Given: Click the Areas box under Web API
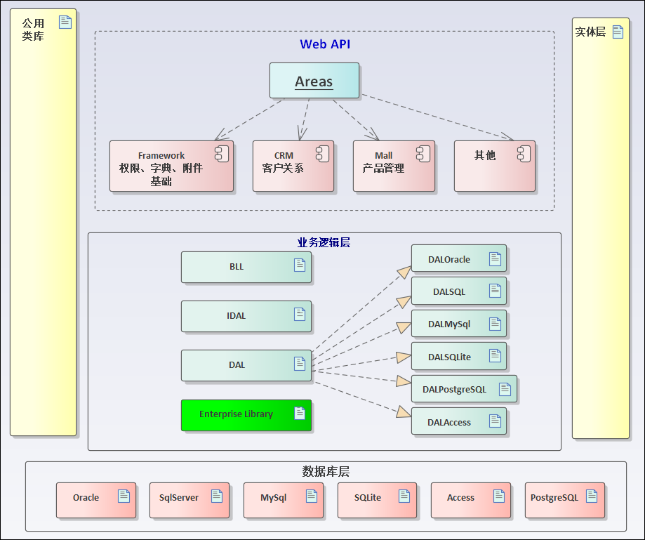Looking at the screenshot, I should point(314,81).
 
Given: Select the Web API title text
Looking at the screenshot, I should point(325,44).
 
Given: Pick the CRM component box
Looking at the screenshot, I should point(293,166).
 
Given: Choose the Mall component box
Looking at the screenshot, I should point(393,166).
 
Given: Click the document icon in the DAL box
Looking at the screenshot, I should point(300,363).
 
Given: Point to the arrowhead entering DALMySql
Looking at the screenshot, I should point(404,327).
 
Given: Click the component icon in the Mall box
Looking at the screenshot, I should point(423,154).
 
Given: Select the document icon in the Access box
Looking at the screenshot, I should point(498,496).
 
